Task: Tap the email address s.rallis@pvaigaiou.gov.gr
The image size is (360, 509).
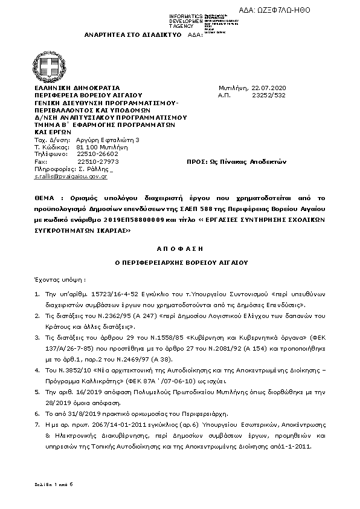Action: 70,176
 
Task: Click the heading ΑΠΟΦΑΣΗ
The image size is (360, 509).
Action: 179,248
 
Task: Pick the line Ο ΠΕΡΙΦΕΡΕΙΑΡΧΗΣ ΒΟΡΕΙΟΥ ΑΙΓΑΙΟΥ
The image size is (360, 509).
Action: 179,263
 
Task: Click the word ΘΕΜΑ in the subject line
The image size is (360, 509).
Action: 45,198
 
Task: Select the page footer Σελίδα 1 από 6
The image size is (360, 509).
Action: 53,485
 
